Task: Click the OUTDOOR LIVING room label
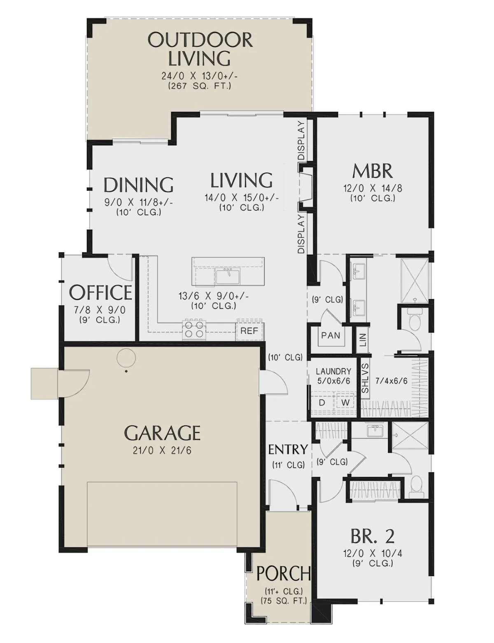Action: (x=200, y=49)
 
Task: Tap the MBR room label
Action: (x=372, y=171)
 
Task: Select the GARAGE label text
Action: (x=162, y=433)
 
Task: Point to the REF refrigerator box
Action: (x=249, y=331)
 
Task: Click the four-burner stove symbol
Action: (x=194, y=329)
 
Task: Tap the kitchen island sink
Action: (x=228, y=277)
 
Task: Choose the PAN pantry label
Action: (x=331, y=336)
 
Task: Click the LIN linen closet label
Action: (x=363, y=340)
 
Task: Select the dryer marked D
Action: (x=322, y=402)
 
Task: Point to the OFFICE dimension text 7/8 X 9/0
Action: (x=100, y=310)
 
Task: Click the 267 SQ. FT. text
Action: (x=200, y=86)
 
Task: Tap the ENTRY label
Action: (x=288, y=449)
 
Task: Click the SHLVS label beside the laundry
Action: (x=365, y=378)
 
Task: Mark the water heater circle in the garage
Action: (x=126, y=358)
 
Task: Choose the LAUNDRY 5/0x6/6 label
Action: (x=333, y=376)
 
